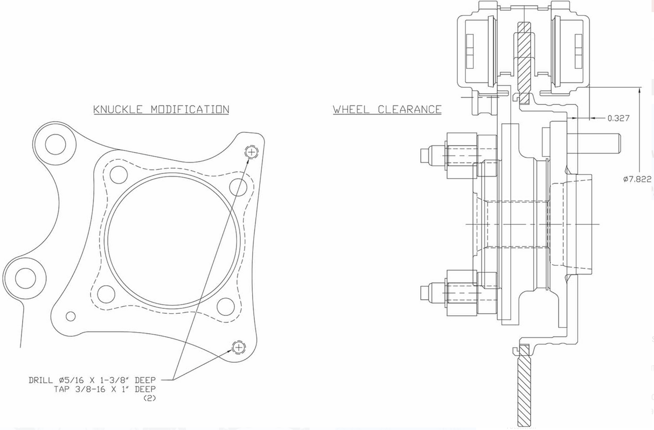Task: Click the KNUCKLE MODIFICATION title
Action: tap(161, 109)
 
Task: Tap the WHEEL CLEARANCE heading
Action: tap(387, 109)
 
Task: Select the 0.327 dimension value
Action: tap(618, 118)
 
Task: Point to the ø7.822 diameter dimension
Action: tap(637, 179)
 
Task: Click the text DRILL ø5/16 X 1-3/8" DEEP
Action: tap(92, 380)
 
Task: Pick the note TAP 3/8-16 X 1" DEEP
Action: tap(105, 389)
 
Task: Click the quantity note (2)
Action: tap(149, 398)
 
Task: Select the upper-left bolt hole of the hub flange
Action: tap(118, 175)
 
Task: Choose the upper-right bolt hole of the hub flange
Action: tap(238, 187)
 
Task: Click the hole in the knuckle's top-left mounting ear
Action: tap(55, 144)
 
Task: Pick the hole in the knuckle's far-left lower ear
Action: tap(25, 278)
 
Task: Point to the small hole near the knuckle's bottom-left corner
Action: tap(71, 316)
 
